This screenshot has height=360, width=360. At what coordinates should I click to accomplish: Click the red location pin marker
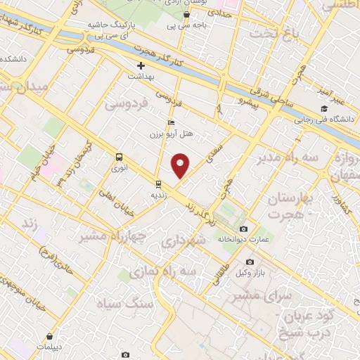click(x=180, y=165)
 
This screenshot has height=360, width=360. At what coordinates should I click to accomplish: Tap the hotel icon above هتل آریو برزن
click(x=171, y=122)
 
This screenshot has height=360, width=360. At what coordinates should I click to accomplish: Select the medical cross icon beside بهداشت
click(x=141, y=65)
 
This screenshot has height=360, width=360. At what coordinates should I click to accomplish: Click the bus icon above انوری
click(x=119, y=157)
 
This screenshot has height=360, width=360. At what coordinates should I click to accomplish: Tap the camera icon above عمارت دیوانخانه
click(x=243, y=229)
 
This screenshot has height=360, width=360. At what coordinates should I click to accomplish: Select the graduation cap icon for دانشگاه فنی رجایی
click(x=323, y=108)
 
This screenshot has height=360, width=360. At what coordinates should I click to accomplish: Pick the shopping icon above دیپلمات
click(x=49, y=337)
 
